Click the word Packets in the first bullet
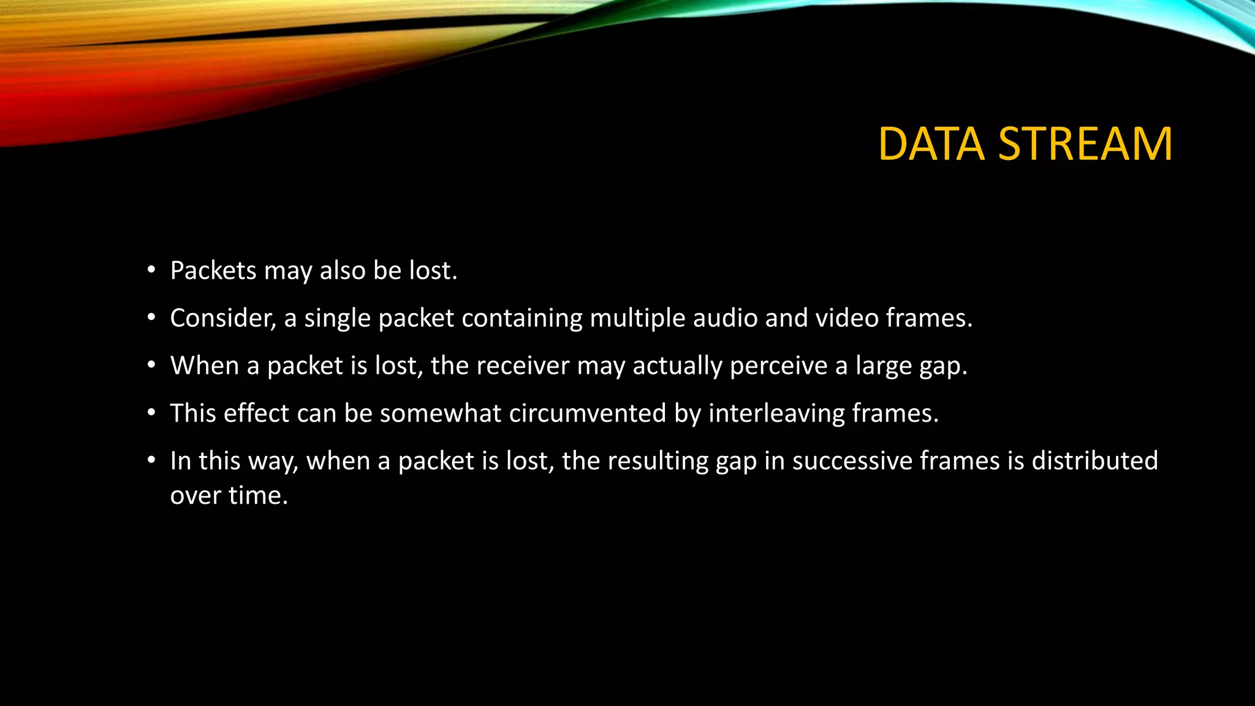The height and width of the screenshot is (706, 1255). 213,271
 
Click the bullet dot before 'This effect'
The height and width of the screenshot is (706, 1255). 151,414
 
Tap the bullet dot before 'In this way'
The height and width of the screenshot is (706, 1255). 151,461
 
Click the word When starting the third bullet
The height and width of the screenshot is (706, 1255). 205,366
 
